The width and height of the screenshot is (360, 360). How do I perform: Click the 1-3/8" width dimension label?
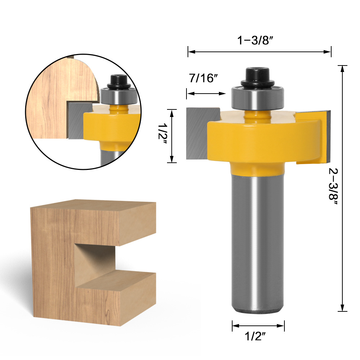[255, 40]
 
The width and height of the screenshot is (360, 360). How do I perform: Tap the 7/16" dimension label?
[203, 78]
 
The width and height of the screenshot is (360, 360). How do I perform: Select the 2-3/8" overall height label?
[333, 186]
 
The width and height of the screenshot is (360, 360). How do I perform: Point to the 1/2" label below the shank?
[255, 337]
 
